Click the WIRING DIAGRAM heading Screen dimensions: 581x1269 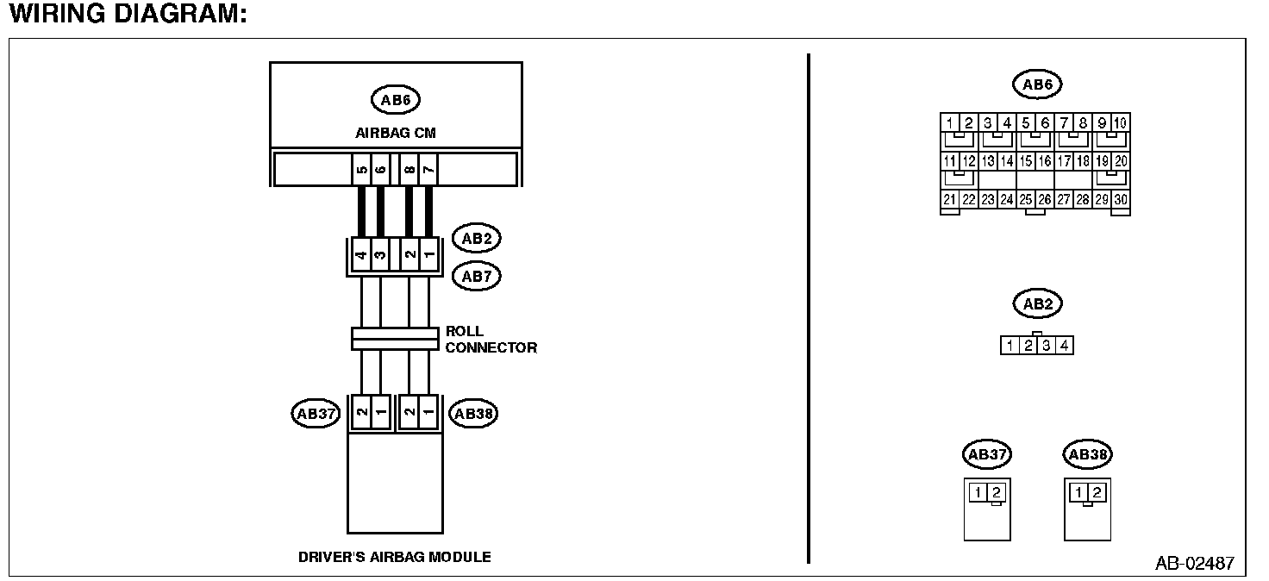point(128,15)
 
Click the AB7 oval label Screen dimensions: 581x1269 point(476,277)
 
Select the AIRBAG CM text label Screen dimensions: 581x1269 point(395,134)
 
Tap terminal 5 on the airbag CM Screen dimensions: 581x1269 point(361,169)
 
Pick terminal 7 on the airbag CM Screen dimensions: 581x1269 point(428,169)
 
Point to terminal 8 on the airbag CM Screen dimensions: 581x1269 point(409,169)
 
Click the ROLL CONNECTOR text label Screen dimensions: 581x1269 point(490,340)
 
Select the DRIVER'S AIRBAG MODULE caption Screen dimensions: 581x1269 point(395,557)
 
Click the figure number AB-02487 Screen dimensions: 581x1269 point(1194,565)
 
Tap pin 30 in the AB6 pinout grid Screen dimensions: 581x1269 point(1121,199)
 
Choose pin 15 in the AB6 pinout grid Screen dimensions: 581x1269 point(1026,161)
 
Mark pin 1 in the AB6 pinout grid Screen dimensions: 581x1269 point(949,122)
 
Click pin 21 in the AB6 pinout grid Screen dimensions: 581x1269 point(949,199)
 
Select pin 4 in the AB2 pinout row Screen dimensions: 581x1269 point(1065,346)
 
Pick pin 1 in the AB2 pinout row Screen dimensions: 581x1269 point(1009,346)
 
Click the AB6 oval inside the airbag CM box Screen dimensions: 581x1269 point(396,100)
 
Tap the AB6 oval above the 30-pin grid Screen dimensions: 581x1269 point(1036,84)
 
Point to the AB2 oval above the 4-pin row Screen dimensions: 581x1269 point(1036,304)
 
